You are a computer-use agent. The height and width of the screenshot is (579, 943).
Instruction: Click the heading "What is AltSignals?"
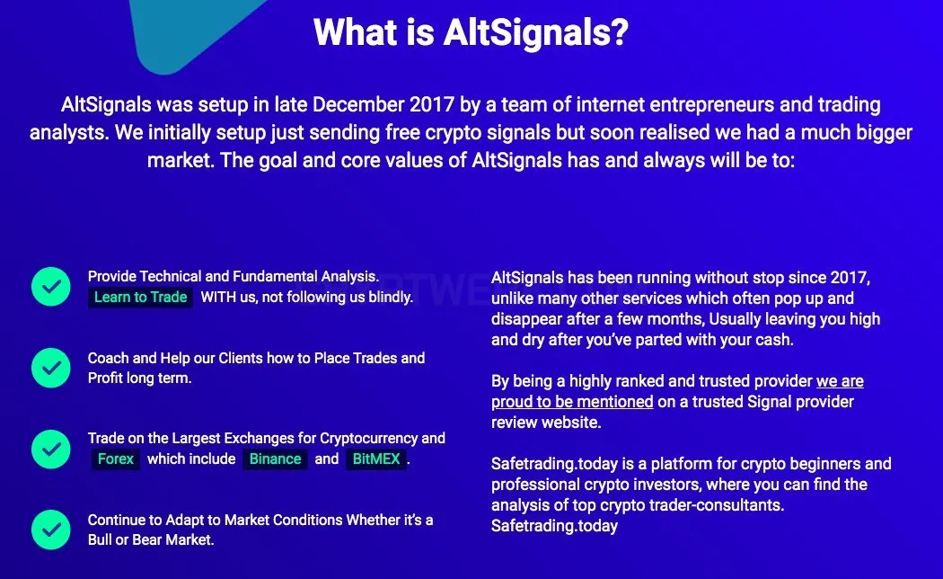pos(471,32)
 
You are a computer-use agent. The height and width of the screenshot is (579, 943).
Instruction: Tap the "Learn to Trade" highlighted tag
pos(141,298)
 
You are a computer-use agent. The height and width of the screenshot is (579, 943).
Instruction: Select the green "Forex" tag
pos(116,459)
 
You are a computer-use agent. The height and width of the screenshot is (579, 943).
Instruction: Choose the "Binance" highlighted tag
pos(275,459)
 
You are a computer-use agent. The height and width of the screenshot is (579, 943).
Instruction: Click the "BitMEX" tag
pos(376,459)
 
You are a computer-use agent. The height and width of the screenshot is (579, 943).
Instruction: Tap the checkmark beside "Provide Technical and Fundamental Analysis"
pos(51,287)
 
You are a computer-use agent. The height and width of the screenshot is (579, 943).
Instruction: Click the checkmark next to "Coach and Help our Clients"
pos(51,368)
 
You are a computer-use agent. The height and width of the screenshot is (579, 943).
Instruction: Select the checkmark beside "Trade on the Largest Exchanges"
pos(51,449)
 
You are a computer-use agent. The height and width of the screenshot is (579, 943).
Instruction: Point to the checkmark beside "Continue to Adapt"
pos(51,530)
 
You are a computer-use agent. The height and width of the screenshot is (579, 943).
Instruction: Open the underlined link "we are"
pos(840,381)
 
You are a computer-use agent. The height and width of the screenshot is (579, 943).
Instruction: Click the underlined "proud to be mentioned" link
pos(572,402)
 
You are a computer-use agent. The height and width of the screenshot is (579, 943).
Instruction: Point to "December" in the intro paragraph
pos(358,104)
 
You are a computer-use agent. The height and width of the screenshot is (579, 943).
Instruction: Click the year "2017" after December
pos(432,104)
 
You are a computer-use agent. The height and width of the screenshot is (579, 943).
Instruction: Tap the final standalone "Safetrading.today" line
pos(554,526)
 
